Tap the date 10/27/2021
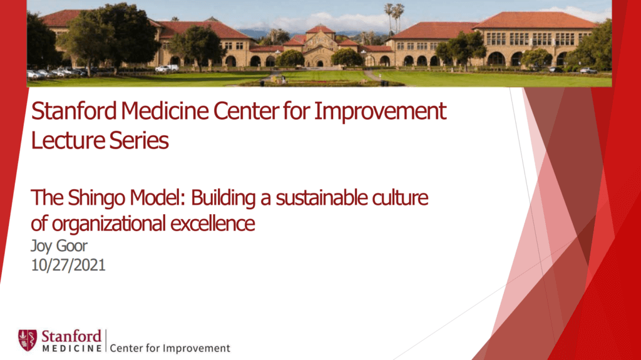coord(68,264)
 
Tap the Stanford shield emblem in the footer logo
coord(27,339)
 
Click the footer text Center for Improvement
coord(170,348)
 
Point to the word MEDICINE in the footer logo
coord(71,346)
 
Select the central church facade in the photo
coord(320,48)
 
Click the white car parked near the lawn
coord(163,68)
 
